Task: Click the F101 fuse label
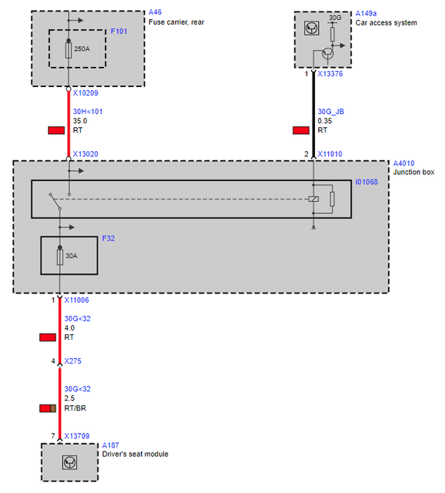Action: click(x=119, y=32)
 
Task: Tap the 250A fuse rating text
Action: click(x=82, y=49)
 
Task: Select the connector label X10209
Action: click(x=85, y=93)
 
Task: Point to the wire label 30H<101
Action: click(x=88, y=112)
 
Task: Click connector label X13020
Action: click(x=85, y=154)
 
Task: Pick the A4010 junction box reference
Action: click(x=404, y=163)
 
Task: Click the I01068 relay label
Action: click(x=366, y=182)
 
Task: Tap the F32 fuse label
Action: click(x=109, y=238)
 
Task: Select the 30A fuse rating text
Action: click(x=72, y=256)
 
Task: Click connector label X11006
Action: click(x=77, y=300)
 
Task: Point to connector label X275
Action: click(x=72, y=361)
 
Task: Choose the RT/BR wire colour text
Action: click(x=75, y=408)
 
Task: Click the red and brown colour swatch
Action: click(x=48, y=408)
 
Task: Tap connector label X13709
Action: click(x=77, y=436)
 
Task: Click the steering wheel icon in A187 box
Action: click(x=69, y=462)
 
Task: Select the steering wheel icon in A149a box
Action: click(x=312, y=29)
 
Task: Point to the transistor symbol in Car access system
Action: click(x=327, y=53)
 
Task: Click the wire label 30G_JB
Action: click(x=331, y=112)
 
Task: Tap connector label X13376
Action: click(x=330, y=74)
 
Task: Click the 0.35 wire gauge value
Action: click(x=325, y=121)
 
